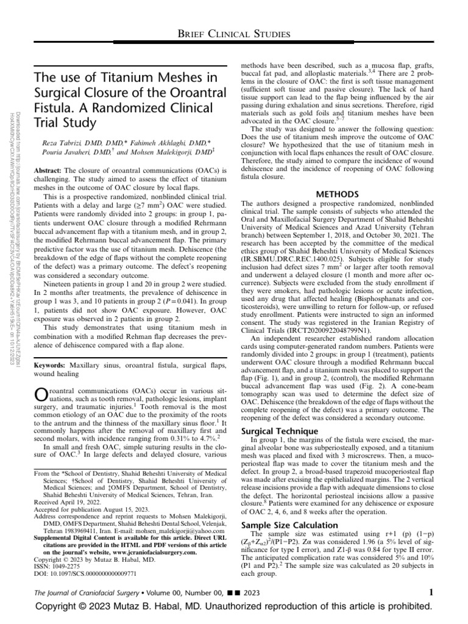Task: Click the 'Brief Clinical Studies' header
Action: (x=234, y=34)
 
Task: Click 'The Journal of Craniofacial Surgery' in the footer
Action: (x=88, y=592)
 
